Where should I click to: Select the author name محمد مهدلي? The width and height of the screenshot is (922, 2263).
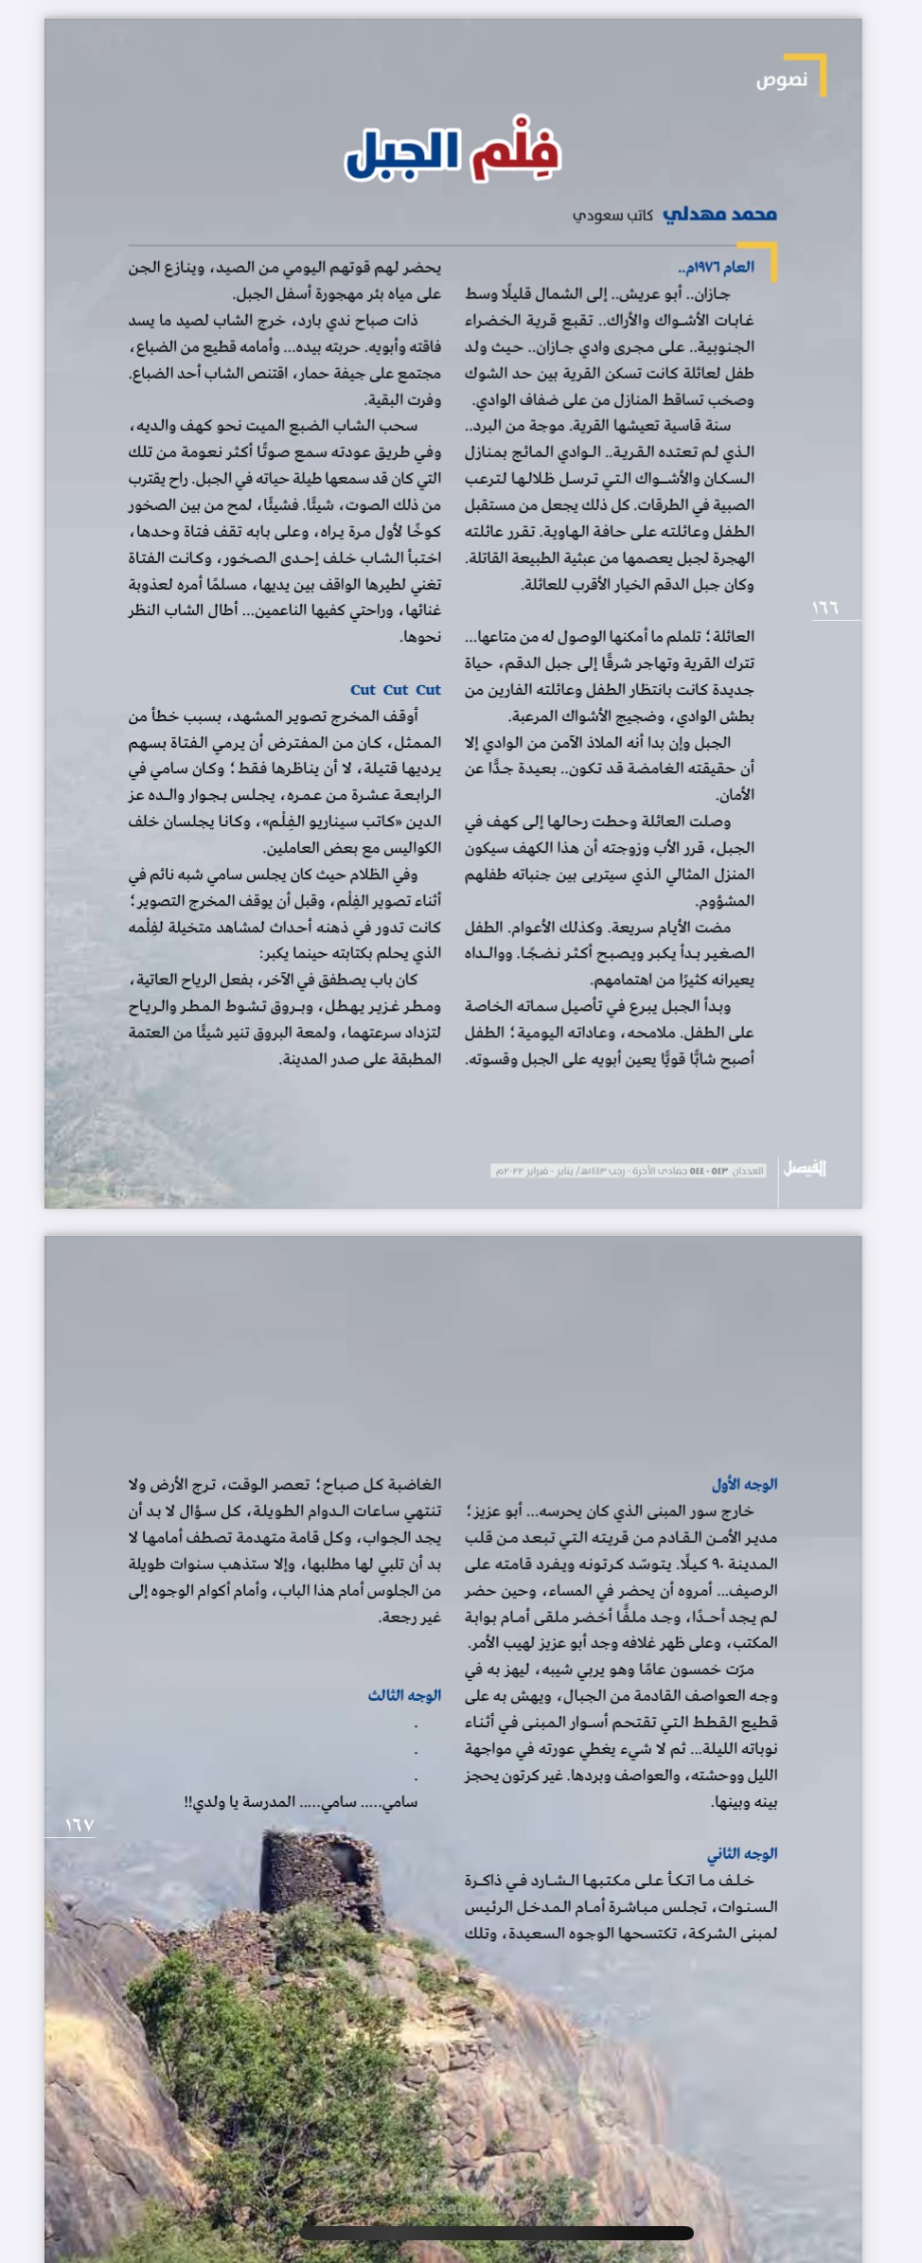719,214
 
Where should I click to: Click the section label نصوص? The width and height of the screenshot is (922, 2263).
781,80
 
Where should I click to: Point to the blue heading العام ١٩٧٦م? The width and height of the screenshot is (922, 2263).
717,267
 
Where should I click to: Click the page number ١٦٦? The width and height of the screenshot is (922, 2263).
825,608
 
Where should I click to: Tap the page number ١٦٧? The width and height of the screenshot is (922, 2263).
80,1825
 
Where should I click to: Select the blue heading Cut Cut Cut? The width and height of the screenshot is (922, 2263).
396,690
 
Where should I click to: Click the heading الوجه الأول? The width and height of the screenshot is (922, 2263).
744,1484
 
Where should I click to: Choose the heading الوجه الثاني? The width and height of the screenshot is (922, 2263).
742,1853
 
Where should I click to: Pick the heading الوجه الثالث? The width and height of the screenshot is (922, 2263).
404,1695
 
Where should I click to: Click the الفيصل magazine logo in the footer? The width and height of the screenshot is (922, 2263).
805,1168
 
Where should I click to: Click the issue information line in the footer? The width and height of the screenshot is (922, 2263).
628,1171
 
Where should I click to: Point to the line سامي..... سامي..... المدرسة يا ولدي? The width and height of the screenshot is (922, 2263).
301,1801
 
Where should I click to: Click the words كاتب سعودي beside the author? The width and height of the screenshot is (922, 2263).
612,216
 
